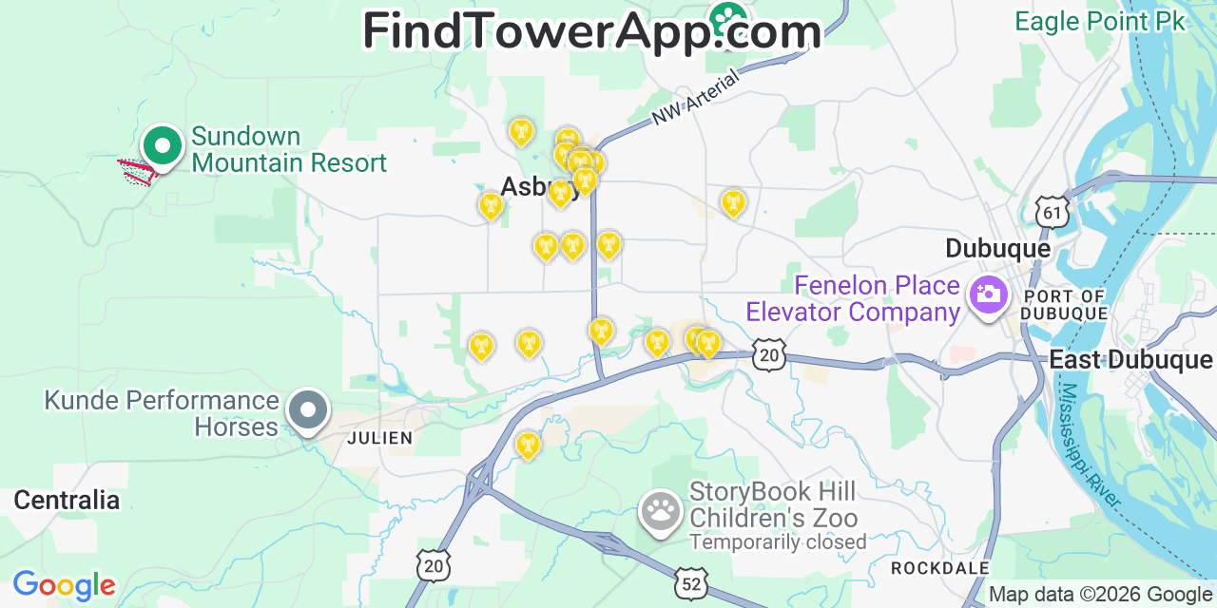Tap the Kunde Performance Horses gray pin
pyautogui.click(x=307, y=412)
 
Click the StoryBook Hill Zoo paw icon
pyautogui.click(x=659, y=511)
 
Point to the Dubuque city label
pyautogui.click(x=997, y=249)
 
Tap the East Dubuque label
pyautogui.click(x=1130, y=360)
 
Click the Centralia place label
pyautogui.click(x=67, y=501)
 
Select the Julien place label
pyautogui.click(x=380, y=438)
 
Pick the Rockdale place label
pyautogui.click(x=939, y=568)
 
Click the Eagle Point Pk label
pyautogui.click(x=1100, y=21)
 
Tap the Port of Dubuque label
pyautogui.click(x=1065, y=305)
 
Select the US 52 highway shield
pyautogui.click(x=690, y=583)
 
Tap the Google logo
pyautogui.click(x=64, y=585)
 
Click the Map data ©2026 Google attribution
pyautogui.click(x=1100, y=595)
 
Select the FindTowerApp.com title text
pyautogui.click(x=591, y=30)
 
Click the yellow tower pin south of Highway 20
pyautogui.click(x=527, y=444)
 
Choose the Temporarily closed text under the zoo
pyautogui.click(x=778, y=542)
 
